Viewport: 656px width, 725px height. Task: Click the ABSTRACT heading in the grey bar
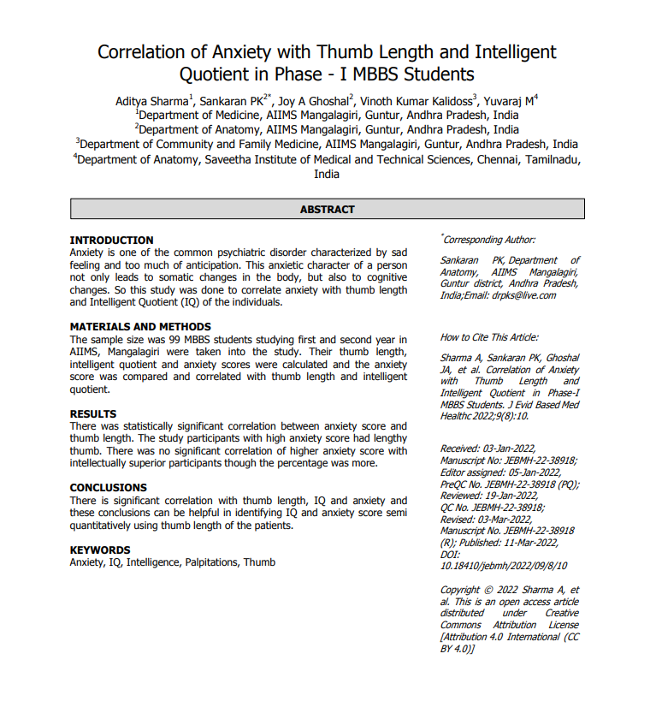coord(327,209)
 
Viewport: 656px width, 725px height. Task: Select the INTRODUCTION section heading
coord(111,241)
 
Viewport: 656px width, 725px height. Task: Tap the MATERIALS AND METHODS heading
coord(140,327)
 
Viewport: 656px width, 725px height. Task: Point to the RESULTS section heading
coord(92,414)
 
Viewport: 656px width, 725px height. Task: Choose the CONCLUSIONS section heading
coord(108,488)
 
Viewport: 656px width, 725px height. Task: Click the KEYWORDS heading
coord(100,550)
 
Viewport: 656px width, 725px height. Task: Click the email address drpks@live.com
coord(523,295)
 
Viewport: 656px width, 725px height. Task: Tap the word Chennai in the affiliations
coord(498,159)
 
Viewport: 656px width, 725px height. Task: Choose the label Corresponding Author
coord(489,241)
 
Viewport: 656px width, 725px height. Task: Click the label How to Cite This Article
coord(489,337)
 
